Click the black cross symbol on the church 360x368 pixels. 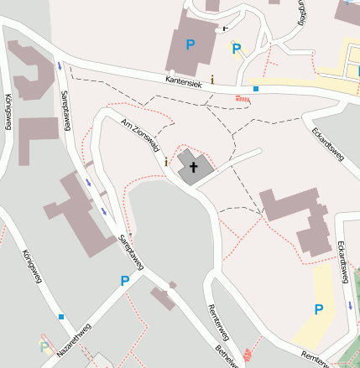click(194, 167)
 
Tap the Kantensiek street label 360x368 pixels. click(185, 80)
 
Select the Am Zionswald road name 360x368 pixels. click(140, 134)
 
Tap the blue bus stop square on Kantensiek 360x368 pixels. click(255, 88)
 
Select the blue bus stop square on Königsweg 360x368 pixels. click(60, 317)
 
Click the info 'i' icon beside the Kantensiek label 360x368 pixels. click(212, 80)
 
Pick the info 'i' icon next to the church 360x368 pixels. click(166, 161)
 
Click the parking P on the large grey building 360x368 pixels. click(190, 44)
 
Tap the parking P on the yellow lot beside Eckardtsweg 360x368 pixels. click(318, 309)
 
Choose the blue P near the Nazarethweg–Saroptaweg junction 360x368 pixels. click(125, 281)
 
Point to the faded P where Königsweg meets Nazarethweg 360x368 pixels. click(44, 345)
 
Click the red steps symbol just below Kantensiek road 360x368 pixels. click(243, 99)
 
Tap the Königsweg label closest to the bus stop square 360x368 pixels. click(33, 267)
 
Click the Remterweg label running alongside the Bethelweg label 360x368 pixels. click(219, 322)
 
